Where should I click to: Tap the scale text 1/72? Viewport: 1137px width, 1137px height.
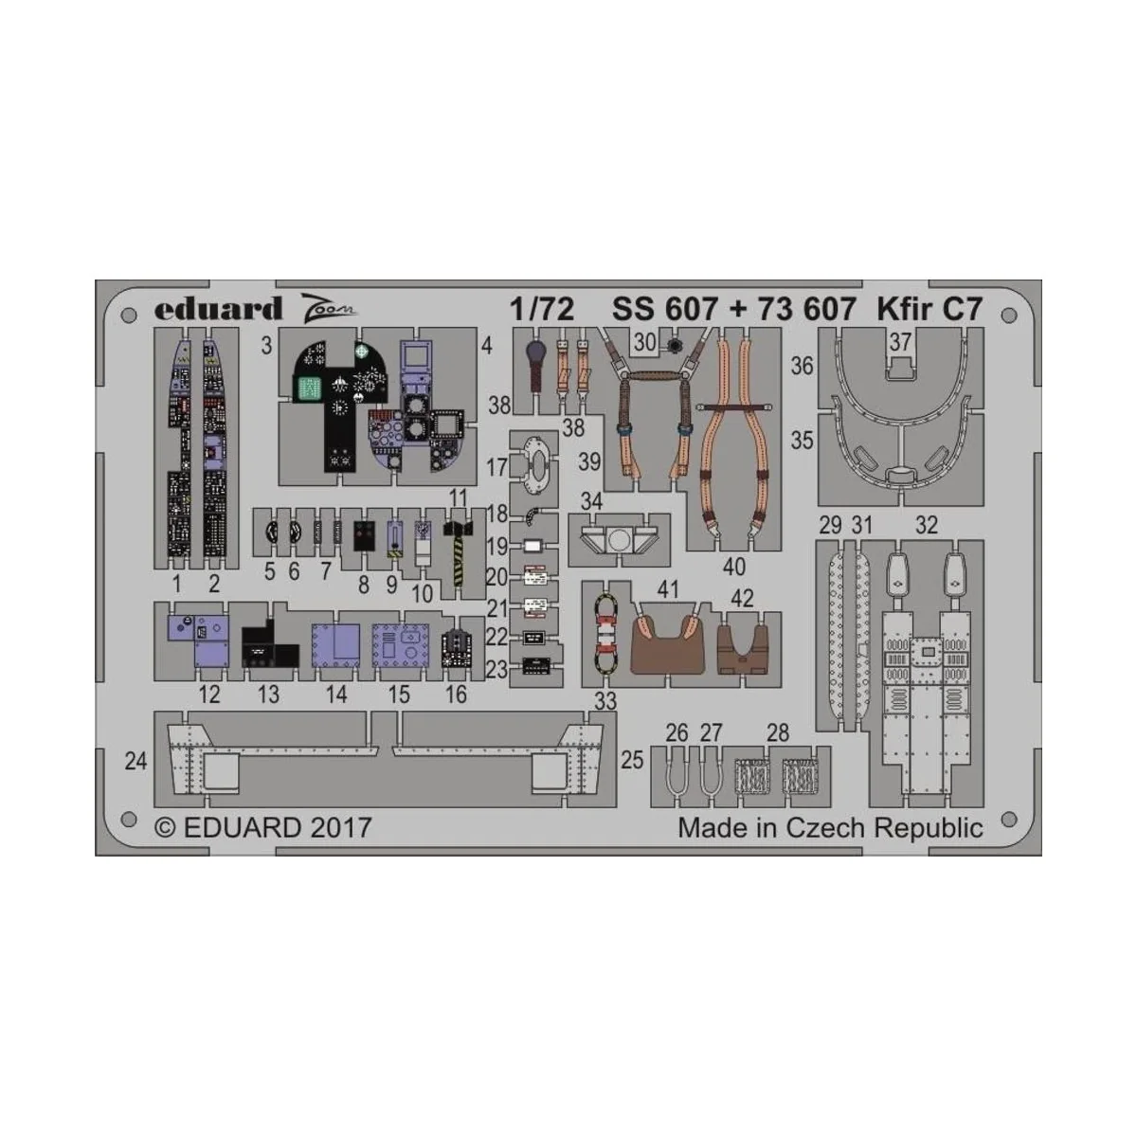(540, 310)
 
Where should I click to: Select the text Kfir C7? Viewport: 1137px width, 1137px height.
(929, 310)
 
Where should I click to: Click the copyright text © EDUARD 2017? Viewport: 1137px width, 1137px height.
(263, 827)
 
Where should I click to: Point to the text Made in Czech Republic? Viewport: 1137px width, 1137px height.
(830, 827)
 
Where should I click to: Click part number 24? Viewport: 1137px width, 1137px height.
(136, 760)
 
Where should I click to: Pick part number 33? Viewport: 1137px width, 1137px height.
(605, 700)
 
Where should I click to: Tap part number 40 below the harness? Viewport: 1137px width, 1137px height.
(733, 568)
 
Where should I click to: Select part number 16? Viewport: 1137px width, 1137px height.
(456, 695)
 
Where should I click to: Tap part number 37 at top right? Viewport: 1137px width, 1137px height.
(900, 342)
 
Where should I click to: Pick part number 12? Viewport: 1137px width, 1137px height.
(209, 695)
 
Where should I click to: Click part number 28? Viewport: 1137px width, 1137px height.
(778, 732)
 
